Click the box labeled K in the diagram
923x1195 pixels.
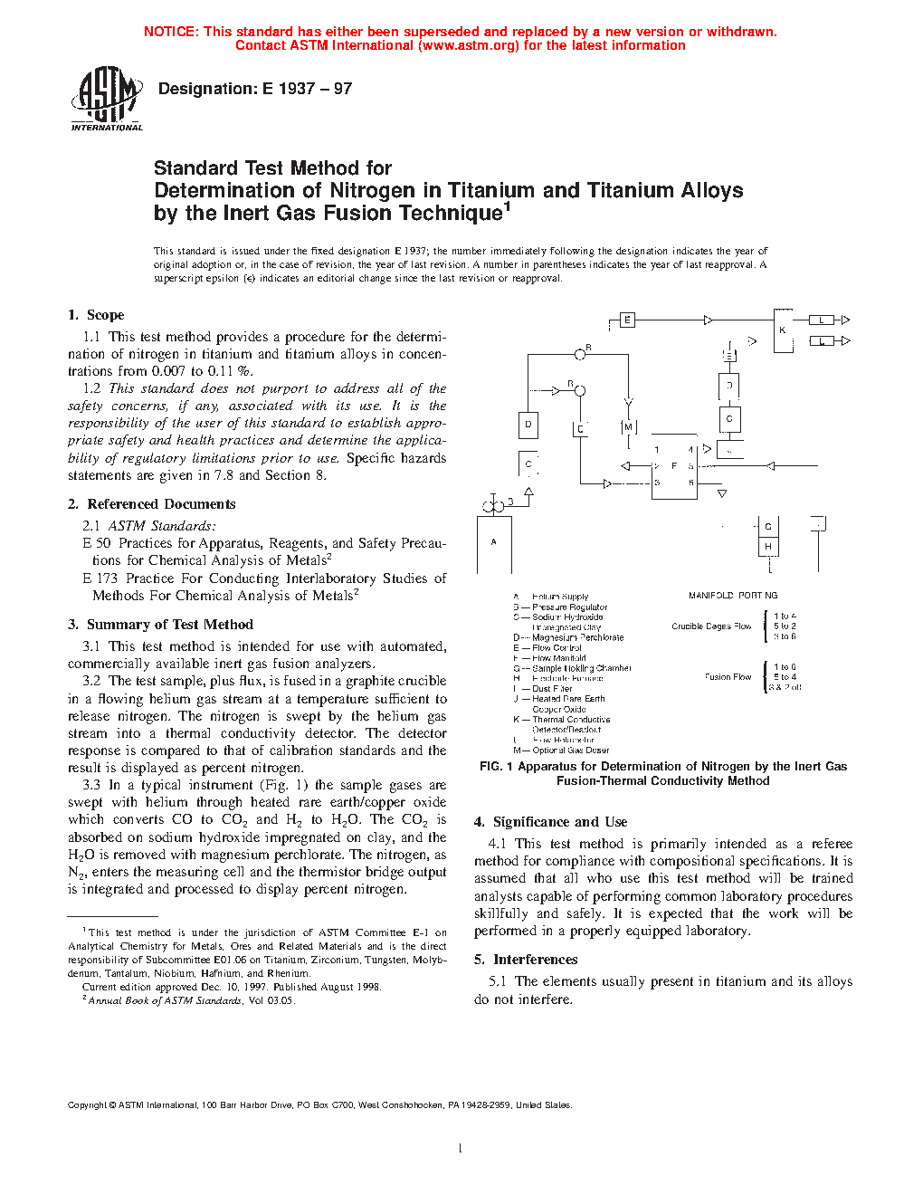(x=783, y=331)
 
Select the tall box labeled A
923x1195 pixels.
(x=494, y=544)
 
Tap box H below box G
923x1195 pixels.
(x=768, y=547)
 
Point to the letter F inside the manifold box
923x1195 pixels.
(x=674, y=466)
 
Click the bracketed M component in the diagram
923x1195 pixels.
(x=628, y=427)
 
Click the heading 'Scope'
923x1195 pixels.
(x=105, y=315)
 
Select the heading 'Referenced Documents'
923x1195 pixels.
(x=161, y=504)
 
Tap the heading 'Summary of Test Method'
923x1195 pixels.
(x=169, y=625)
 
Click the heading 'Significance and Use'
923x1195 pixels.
(x=559, y=822)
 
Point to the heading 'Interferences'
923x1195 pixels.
(x=535, y=960)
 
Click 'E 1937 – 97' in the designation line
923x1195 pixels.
(x=307, y=89)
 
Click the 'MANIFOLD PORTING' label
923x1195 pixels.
(x=732, y=596)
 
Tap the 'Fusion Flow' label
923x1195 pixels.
(x=728, y=677)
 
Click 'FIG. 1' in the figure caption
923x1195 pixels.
(x=496, y=767)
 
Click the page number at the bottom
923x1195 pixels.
(x=461, y=1149)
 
